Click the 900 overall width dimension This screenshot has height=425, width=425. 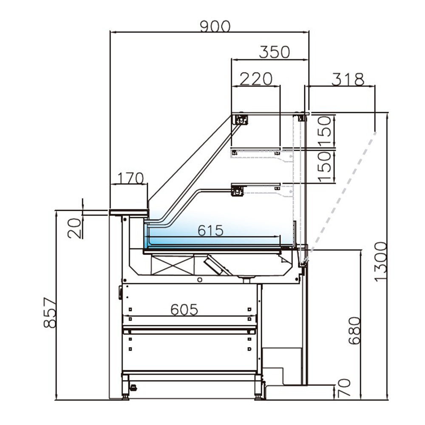[x=215, y=26]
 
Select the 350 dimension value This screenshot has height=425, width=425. [x=274, y=52]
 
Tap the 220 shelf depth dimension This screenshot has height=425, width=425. [x=256, y=79]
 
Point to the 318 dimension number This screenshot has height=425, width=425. [x=348, y=79]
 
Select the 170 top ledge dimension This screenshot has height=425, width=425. [x=129, y=178]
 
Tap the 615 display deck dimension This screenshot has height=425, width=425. [x=210, y=231]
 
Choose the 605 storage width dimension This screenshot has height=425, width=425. [x=184, y=310]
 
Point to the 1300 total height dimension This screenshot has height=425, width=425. [x=381, y=261]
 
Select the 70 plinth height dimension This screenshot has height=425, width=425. [x=343, y=388]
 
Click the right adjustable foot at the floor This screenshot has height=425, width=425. [x=258, y=396]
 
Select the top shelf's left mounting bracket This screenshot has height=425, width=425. [x=241, y=120]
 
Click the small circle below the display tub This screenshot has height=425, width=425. [x=200, y=280]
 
